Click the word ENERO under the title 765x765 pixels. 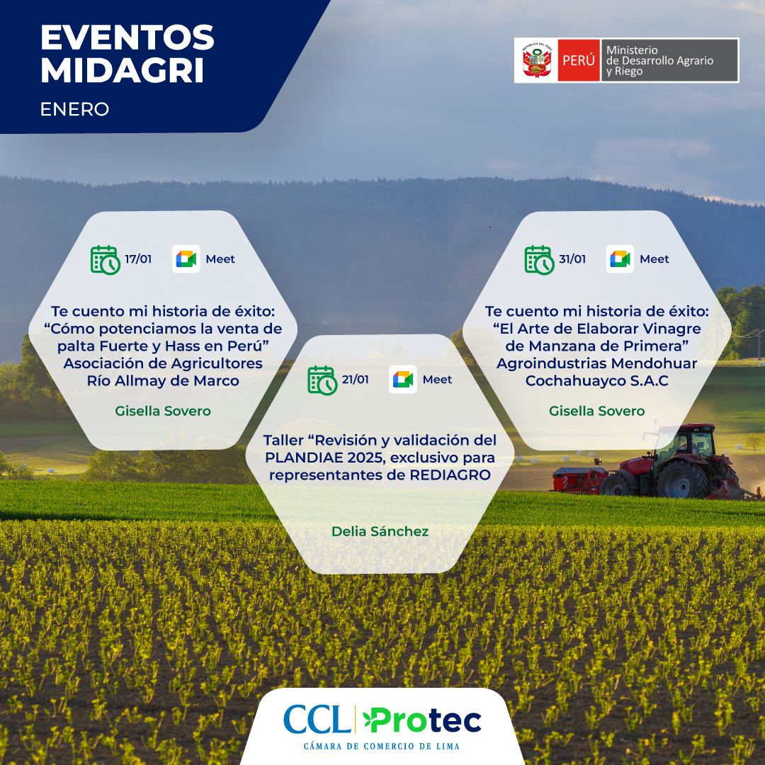tap(74, 109)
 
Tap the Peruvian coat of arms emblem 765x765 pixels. tap(537, 60)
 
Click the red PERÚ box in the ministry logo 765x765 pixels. tap(579, 60)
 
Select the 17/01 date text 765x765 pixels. tap(138, 259)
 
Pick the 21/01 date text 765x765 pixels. tap(355, 380)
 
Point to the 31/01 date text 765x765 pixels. tap(572, 259)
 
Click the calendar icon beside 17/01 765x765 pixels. tap(106, 260)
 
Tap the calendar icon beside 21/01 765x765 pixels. tap(322, 380)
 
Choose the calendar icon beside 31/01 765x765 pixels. tap(540, 260)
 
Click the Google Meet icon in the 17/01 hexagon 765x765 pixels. tap(186, 259)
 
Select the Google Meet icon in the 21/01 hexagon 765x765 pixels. tap(403, 380)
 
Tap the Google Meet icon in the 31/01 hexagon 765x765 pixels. tap(620, 259)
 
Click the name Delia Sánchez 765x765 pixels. tap(380, 531)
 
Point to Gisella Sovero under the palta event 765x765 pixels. tap(163, 411)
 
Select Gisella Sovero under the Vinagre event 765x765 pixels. tap(596, 411)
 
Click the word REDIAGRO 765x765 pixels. tap(450, 475)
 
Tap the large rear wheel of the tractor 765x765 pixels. tap(681, 479)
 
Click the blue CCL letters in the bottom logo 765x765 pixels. tap(317, 720)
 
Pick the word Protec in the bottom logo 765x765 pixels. tap(423, 721)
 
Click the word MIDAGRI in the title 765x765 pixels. tap(123, 70)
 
